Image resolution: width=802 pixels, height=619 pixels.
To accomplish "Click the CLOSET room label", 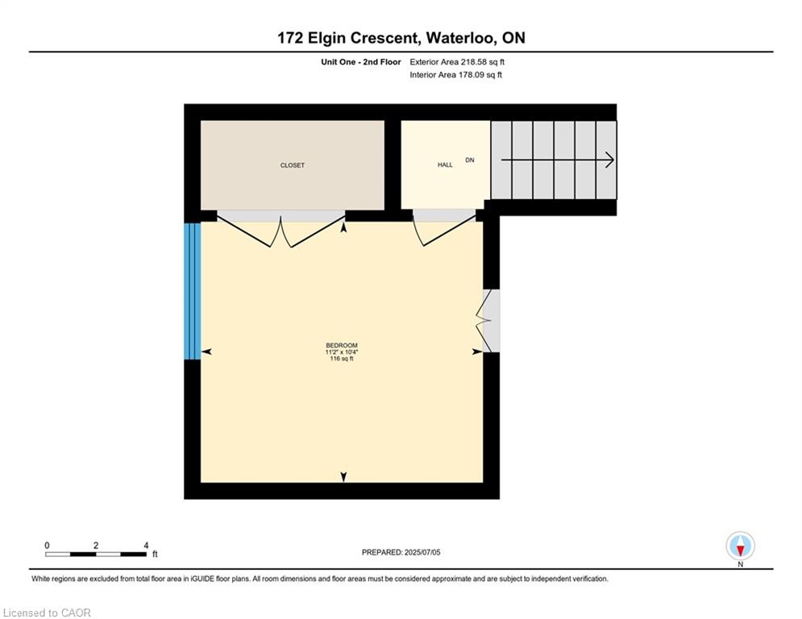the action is coord(292,165).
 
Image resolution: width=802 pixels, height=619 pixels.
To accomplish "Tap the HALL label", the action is coord(445,164).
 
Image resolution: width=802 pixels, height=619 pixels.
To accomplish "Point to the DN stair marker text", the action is coord(470,160).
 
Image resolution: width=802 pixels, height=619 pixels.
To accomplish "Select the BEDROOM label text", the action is coord(342,345).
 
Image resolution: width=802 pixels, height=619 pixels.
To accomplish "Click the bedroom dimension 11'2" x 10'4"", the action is coord(342,352).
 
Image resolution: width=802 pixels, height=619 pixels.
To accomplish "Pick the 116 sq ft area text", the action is coord(342,359).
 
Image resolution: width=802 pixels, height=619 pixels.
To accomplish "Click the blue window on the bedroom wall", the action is coord(193,291).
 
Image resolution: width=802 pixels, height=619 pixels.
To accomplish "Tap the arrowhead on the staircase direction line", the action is coord(609,160).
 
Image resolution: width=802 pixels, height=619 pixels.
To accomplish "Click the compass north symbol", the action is coord(740,546).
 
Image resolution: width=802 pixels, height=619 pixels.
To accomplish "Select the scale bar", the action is coord(96,554).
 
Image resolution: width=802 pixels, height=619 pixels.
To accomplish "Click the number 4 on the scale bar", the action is coord(146,546).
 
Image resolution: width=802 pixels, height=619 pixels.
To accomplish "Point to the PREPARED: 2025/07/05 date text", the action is coord(401,552).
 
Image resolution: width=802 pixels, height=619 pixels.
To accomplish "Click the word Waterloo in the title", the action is coord(459,38).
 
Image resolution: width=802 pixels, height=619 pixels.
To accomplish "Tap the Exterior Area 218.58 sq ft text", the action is coord(457,62).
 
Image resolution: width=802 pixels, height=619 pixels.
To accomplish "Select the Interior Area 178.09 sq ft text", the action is coord(455,75).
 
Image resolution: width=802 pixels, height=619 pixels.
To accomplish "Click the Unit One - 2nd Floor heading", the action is coord(361,62).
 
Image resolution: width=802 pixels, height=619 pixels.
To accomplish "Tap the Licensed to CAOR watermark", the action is coord(47,613).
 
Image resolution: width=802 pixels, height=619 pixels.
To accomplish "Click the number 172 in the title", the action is coord(290,38).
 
